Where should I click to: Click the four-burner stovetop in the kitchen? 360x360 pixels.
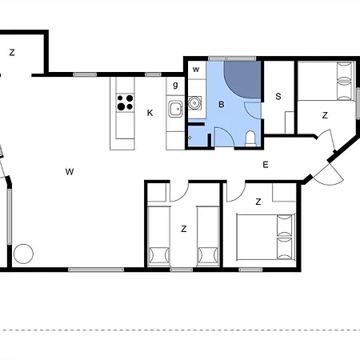pos(125,102)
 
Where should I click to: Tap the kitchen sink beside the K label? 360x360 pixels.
pos(175,109)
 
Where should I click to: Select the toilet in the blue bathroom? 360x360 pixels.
pos(250,138)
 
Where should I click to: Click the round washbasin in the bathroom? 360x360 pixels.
pos(194,102)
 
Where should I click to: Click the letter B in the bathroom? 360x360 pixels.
pos(222,105)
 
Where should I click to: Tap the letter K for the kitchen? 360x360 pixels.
pos(150,113)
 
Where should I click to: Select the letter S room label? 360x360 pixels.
pos(278,96)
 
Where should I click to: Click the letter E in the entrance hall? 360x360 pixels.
pos(266,165)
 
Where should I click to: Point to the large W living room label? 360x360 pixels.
pos(70,172)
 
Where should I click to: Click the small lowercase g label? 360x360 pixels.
pos(175,85)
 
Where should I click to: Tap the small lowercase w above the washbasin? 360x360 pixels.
pos(196,70)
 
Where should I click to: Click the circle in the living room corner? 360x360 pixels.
pos(23,254)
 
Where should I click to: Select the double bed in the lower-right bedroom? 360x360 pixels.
pos(266,238)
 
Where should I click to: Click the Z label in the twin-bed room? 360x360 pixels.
pos(183,229)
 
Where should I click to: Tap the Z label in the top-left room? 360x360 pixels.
pos(12,53)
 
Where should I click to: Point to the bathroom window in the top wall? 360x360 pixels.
pos(232,58)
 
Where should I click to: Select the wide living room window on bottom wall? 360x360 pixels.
pos(96,270)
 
